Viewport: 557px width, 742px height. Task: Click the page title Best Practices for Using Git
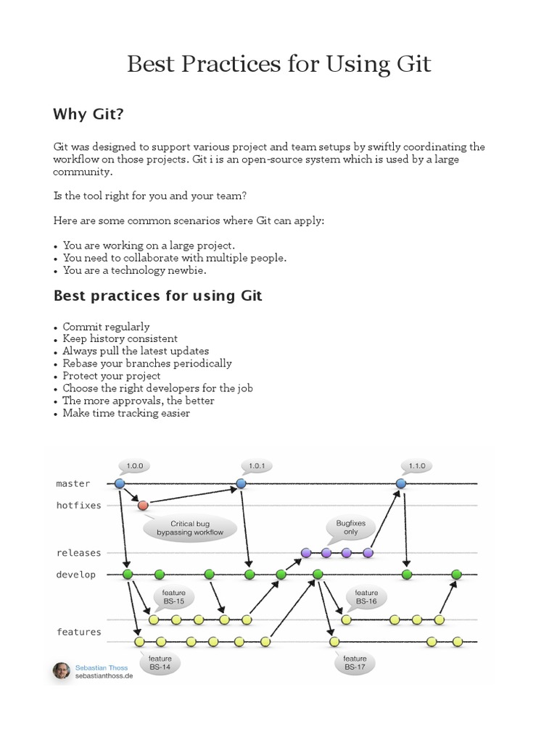point(278,64)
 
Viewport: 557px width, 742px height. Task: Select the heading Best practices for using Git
point(157,296)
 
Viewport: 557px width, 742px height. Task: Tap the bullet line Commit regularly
point(106,327)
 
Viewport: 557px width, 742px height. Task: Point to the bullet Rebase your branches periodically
point(147,364)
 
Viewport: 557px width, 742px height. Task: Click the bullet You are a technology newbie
point(135,270)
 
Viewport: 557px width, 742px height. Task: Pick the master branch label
point(73,483)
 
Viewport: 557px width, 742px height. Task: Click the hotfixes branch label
point(79,505)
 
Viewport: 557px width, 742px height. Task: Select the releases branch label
point(79,553)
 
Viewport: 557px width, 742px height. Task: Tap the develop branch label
point(76,575)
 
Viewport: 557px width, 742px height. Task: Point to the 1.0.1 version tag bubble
point(257,466)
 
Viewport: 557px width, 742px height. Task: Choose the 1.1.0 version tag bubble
point(416,466)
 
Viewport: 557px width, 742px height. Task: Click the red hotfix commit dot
point(143,505)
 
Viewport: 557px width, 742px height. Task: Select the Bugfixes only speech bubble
point(350,527)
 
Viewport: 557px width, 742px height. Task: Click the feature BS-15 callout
point(173,597)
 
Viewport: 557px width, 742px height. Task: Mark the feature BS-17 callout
point(355,662)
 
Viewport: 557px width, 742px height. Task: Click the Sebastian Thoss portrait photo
point(62,671)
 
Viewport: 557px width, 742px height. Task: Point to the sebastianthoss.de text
point(104,675)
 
